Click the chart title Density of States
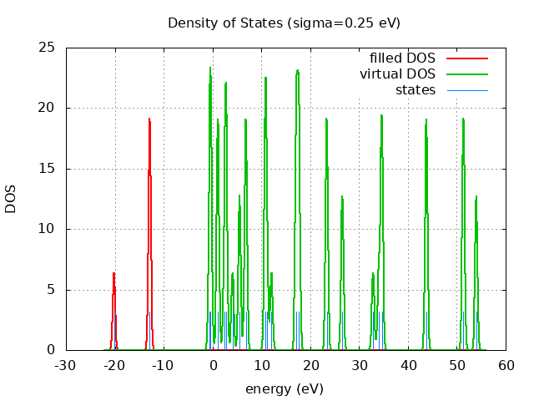tap(284, 23)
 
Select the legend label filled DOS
tap(402, 58)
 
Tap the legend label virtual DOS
tap(397, 74)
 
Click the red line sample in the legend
tap(466, 58)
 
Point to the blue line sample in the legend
tap(466, 90)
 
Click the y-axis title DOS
tap(11, 199)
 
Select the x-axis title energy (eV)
tap(284, 388)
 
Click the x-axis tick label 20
tap(310, 366)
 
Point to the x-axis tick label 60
tap(506, 366)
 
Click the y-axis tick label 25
tap(46, 48)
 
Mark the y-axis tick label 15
tap(46, 169)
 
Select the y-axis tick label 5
tap(50, 290)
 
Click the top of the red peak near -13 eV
tap(149, 119)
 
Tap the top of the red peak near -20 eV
tap(113, 272)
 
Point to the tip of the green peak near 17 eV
tap(297, 70)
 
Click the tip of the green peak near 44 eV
tap(426, 119)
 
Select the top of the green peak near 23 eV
tap(326, 119)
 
